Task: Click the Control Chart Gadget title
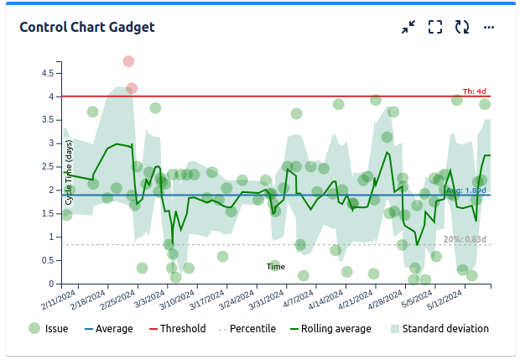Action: pyautogui.click(x=87, y=27)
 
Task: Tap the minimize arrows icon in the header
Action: pyautogui.click(x=408, y=27)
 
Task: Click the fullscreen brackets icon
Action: pyautogui.click(x=435, y=27)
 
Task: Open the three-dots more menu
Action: pyautogui.click(x=489, y=27)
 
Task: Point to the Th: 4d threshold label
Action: pyautogui.click(x=475, y=91)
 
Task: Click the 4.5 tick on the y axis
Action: pyautogui.click(x=47, y=73)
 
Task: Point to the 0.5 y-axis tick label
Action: pyautogui.click(x=47, y=260)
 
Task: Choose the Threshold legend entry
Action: pyautogui.click(x=176, y=329)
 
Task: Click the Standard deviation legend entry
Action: pyautogui.click(x=439, y=329)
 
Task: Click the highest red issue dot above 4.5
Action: pyautogui.click(x=128, y=61)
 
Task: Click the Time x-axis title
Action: pyautogui.click(x=276, y=266)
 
